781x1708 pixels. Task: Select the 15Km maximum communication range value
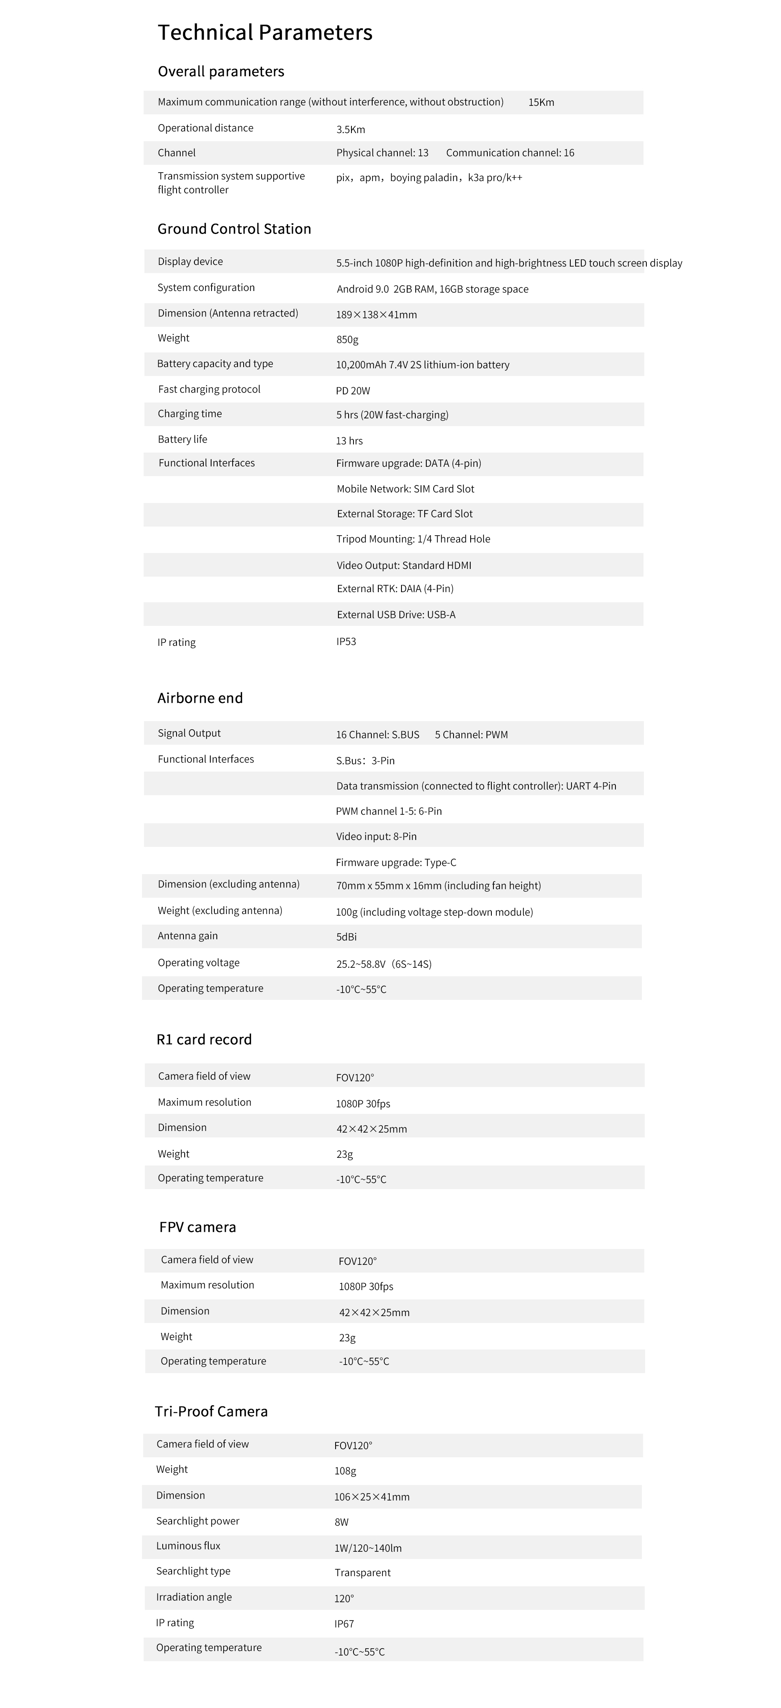click(x=541, y=102)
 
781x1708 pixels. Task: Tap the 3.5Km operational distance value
click(x=350, y=129)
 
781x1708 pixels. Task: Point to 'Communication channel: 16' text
click(x=510, y=153)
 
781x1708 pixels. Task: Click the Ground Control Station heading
click(x=234, y=229)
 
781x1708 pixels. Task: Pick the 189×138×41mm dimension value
click(x=376, y=314)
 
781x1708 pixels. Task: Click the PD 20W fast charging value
click(x=353, y=391)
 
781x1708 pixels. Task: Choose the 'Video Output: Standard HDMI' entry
click(x=404, y=565)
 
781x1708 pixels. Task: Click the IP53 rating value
click(x=346, y=641)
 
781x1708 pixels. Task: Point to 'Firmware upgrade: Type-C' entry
click(x=396, y=862)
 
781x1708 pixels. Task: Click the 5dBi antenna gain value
click(x=346, y=936)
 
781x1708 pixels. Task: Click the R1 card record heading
click(x=204, y=1039)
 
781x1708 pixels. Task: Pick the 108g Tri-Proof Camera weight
click(x=345, y=1471)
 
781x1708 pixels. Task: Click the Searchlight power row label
click(x=198, y=1520)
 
